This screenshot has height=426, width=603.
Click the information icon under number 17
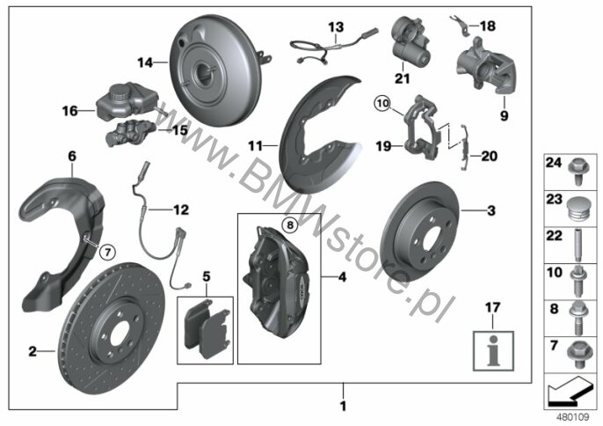point(493,351)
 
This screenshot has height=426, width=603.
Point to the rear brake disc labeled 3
point(420,231)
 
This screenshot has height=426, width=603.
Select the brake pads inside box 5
point(207,328)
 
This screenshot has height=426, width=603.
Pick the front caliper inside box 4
point(277,283)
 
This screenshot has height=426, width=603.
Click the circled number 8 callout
point(290,224)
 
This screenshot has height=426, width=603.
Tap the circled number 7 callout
point(107,253)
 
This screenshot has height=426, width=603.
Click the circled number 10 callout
point(383,103)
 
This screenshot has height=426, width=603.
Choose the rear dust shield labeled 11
point(321,135)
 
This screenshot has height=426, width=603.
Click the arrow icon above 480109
point(569,392)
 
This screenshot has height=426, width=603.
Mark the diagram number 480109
point(572,417)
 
